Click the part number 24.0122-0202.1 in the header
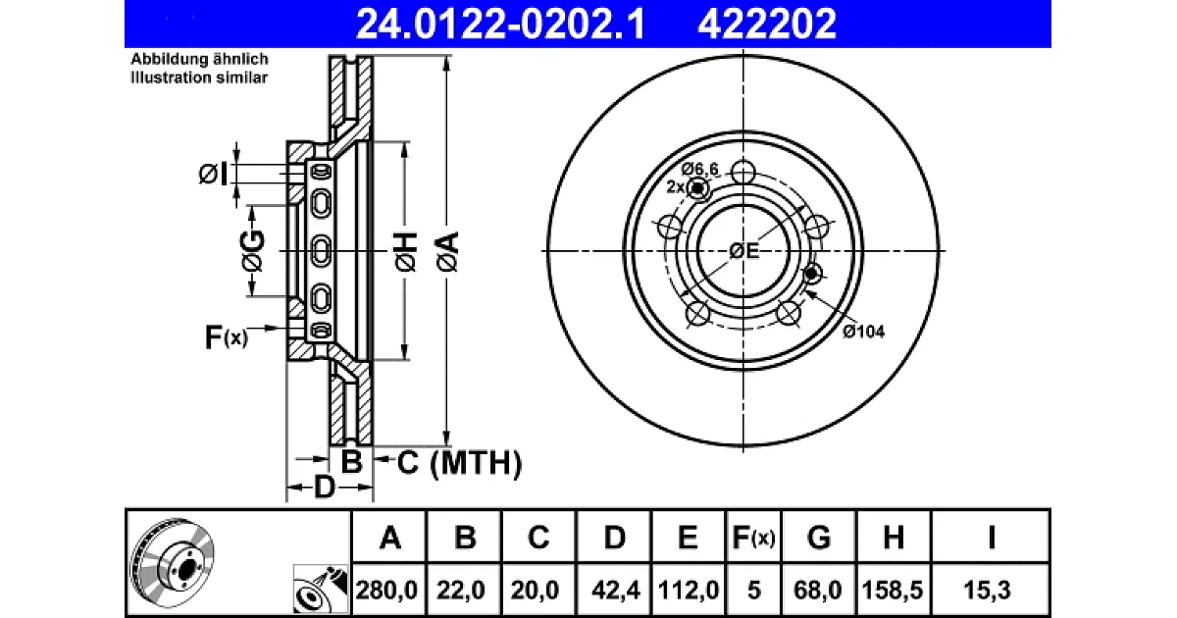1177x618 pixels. point(500,24)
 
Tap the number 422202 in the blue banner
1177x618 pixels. point(767,24)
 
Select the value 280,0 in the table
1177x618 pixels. point(386,591)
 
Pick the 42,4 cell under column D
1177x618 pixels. point(615,591)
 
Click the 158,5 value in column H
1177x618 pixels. point(893,591)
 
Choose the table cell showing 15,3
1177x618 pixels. point(987,591)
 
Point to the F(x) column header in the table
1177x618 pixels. point(753,538)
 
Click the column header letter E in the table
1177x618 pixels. point(688,538)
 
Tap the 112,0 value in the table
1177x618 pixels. point(689,591)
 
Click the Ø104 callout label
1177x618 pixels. point(863,332)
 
